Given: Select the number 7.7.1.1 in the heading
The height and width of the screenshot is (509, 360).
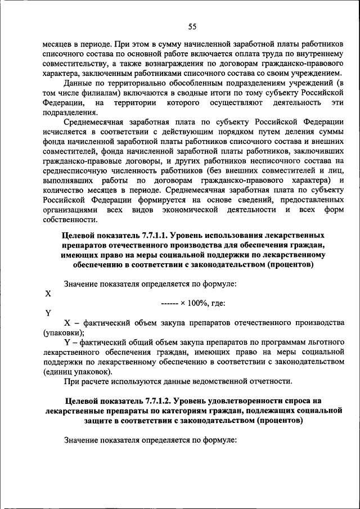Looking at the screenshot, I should [159, 235].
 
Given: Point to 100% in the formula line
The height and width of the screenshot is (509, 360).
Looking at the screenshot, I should [196, 303].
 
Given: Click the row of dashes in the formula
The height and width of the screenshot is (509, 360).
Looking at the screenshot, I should [169, 303].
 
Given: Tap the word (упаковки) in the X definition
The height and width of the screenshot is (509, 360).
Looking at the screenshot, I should [62, 333].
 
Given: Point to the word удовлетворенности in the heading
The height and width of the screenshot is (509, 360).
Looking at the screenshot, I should [239, 401].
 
